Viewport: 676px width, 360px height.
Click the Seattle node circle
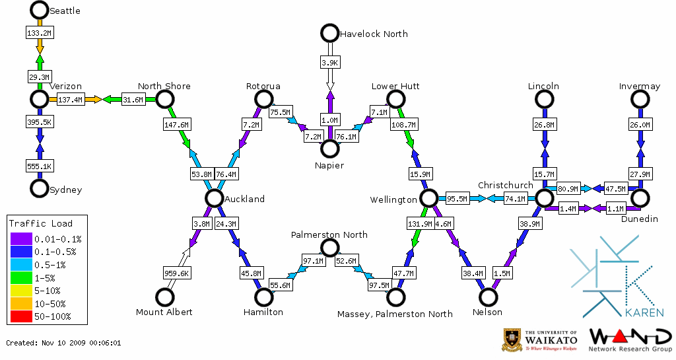tap(40, 10)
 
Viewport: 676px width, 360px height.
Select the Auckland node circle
tap(213, 198)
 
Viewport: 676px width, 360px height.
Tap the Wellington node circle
tap(429, 198)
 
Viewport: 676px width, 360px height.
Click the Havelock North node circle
tap(329, 33)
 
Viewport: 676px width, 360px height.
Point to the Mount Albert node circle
tap(164, 297)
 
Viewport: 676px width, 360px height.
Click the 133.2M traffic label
tap(40, 32)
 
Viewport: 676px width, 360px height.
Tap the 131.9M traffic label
tap(420, 224)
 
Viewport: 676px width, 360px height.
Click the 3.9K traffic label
tap(329, 62)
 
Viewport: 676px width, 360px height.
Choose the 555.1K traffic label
tap(40, 165)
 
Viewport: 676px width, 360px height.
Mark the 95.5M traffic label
tap(457, 198)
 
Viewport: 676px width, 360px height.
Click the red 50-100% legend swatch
tap(21, 316)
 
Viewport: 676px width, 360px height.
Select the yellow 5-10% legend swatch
tap(21, 291)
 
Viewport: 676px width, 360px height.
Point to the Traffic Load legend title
tap(41, 223)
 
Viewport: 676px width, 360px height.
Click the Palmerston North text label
tap(329, 234)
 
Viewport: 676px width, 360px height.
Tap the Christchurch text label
tap(505, 185)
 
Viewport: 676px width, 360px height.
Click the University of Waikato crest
tap(514, 340)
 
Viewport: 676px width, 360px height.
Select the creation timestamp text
tap(63, 343)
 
